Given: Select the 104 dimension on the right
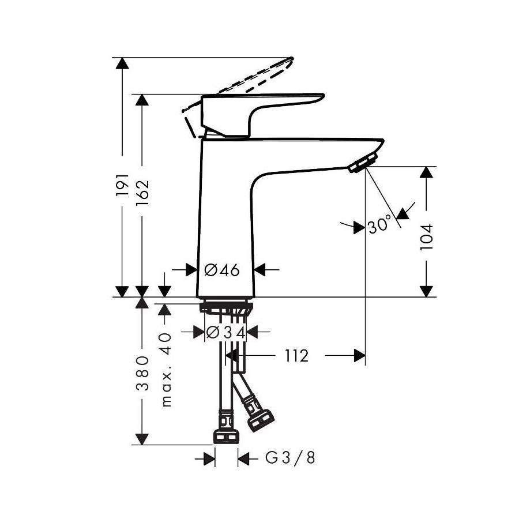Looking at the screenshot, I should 427,236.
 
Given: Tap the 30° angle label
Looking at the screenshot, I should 379,226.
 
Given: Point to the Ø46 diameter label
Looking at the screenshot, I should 221,269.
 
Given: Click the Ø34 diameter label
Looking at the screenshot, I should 225,332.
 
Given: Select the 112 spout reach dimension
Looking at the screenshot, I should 296,356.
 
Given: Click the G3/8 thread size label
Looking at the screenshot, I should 290,458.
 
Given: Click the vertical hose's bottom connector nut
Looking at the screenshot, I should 226,435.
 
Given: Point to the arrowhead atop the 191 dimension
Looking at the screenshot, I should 122,63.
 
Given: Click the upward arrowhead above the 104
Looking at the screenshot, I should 427,172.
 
